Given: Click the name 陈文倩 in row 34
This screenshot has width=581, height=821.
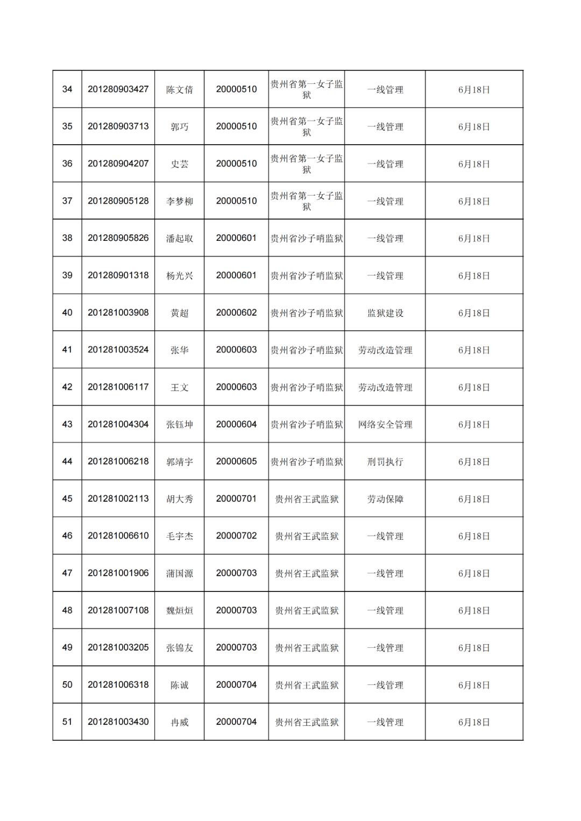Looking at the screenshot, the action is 179,90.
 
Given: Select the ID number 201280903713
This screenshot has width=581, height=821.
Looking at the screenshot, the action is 118,126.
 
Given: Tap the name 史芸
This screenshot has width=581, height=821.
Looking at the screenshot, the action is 179,164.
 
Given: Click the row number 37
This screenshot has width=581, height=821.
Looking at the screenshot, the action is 67,201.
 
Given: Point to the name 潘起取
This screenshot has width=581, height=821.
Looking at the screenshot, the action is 179,238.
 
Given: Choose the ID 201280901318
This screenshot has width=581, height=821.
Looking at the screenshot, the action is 118,275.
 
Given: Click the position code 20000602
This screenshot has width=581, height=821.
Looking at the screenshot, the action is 236,312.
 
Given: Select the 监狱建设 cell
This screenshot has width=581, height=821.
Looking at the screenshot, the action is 385,313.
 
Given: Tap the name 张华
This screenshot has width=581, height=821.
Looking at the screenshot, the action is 179,350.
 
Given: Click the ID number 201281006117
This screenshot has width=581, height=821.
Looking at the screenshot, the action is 118,387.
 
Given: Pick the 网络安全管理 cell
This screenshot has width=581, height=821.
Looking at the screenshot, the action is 385,425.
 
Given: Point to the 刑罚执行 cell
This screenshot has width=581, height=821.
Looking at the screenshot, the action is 385,462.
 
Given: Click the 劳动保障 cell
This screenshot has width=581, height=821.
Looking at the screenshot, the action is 385,499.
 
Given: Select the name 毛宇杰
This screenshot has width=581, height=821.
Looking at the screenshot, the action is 179,536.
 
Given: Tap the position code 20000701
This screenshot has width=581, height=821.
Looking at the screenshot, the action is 236,498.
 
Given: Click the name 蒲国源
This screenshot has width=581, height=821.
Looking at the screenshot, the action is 179,574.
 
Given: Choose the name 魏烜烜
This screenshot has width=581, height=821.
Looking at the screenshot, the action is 179,611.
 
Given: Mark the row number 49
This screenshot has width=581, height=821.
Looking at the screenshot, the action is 67,647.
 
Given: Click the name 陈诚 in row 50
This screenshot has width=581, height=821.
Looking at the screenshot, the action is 179,685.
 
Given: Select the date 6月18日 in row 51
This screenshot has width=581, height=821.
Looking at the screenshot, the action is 474,722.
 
